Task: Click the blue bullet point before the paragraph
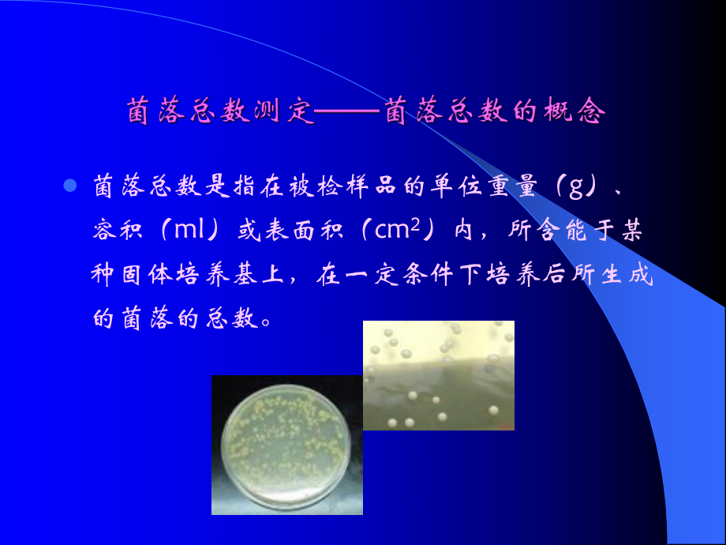pos(69,186)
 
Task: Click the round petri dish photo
pos(286,445)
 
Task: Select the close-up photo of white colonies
pos(438,375)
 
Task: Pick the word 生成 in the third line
pos(631,276)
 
